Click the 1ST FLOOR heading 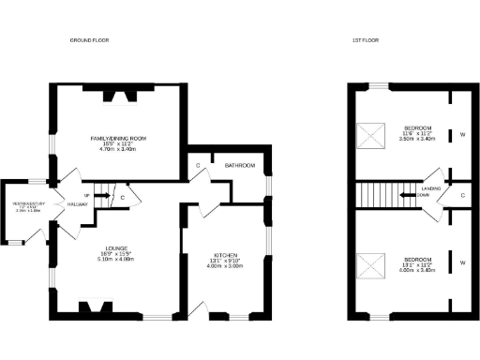pyautogui.click(x=366, y=41)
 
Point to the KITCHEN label pyautogui.click(x=224, y=254)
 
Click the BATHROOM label pyautogui.click(x=240, y=166)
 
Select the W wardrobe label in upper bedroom pyautogui.click(x=462, y=133)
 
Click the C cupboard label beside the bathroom pyautogui.click(x=199, y=166)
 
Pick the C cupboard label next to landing pyautogui.click(x=463, y=195)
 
